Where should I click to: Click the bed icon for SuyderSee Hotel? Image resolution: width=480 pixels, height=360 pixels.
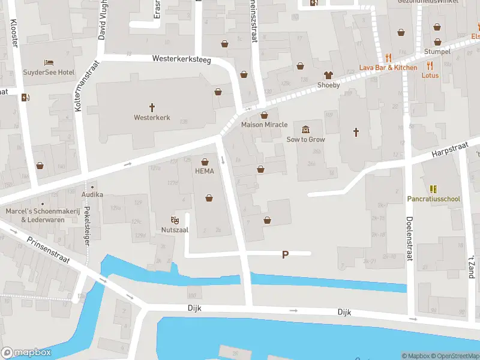[49, 63]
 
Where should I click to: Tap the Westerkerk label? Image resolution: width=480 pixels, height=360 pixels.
[152, 118]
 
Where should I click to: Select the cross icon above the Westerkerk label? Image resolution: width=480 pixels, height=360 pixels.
[152, 107]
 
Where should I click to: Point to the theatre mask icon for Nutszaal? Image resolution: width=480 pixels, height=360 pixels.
[175, 220]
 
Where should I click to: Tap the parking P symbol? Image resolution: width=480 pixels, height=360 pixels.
[285, 254]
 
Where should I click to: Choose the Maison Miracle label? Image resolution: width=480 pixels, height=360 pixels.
[264, 125]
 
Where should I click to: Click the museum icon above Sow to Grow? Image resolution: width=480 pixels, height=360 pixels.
[306, 130]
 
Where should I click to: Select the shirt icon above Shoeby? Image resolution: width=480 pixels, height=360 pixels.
[328, 75]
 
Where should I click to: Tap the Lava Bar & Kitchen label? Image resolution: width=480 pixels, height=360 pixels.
[388, 68]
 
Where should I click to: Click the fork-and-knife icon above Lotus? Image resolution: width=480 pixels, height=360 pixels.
[430, 66]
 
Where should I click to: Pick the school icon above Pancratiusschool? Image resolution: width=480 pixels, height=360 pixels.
[434, 188]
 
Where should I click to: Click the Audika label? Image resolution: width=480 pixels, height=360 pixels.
[93, 194]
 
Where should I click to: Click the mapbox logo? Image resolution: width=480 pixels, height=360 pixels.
[26, 352]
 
